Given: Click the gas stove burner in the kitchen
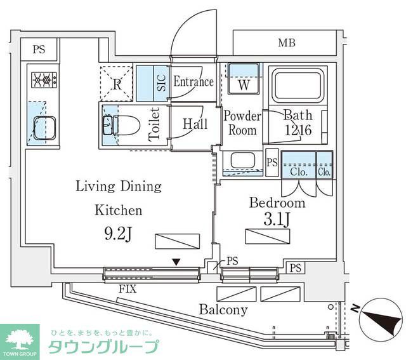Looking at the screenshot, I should pos(43,80).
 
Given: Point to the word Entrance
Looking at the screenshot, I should pos(193,81).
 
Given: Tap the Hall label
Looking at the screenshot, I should pos(195,124).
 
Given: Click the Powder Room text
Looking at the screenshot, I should pos(242,123).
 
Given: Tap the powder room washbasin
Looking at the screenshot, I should pos(242,160).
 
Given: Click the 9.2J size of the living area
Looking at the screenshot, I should pos(118,233).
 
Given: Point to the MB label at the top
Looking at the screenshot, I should pos(286,43).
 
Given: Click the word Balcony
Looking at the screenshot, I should pos(223,310).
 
